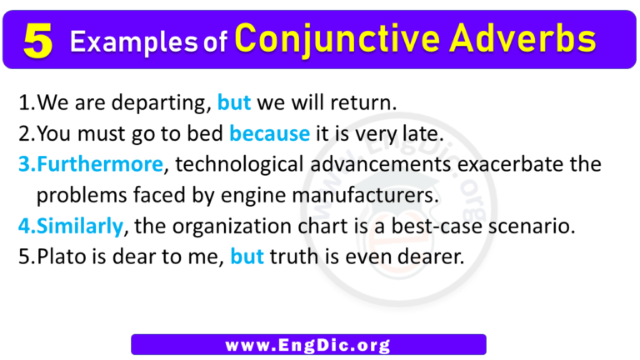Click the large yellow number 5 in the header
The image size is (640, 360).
[38, 40]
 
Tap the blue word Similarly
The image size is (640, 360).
[76, 226]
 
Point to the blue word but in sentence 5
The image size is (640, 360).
[247, 257]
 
